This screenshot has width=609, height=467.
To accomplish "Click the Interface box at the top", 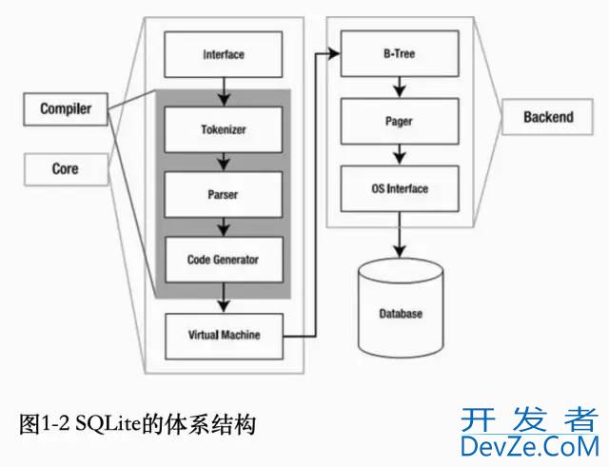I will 223,54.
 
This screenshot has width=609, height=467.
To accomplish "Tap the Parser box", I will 223,195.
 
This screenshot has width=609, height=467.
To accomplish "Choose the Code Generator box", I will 223,259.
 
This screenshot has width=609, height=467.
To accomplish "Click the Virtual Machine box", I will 223,335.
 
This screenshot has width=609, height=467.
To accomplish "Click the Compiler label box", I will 66,109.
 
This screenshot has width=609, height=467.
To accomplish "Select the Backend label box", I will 549,118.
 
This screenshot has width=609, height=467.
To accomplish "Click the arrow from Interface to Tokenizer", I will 223,91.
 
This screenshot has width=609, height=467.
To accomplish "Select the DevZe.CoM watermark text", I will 529,445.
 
